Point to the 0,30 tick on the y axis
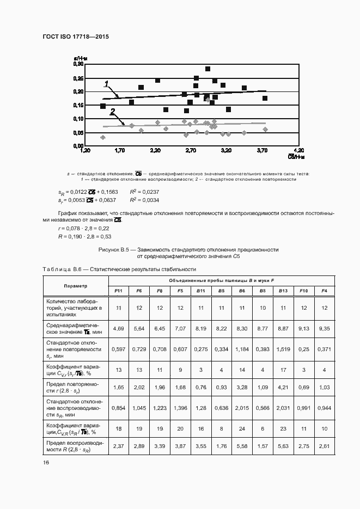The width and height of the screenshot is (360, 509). (77, 64)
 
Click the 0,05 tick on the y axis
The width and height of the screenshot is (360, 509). (77, 133)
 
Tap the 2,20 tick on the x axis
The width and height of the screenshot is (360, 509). (155, 150)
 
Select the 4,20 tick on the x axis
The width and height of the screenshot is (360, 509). (298, 150)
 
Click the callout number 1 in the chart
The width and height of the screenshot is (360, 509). (107, 83)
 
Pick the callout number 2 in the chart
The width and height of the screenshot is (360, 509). (112, 111)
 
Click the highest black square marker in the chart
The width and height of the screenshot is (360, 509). (208, 69)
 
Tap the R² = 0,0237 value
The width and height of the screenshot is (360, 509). (144, 192)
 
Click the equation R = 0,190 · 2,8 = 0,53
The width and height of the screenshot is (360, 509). (84, 237)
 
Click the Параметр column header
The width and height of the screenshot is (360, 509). (75, 286)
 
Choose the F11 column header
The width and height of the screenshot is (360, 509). (118, 291)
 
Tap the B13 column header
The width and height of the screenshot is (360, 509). (283, 291)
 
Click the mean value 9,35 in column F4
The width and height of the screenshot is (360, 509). (325, 328)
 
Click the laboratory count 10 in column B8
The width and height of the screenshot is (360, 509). (263, 308)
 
